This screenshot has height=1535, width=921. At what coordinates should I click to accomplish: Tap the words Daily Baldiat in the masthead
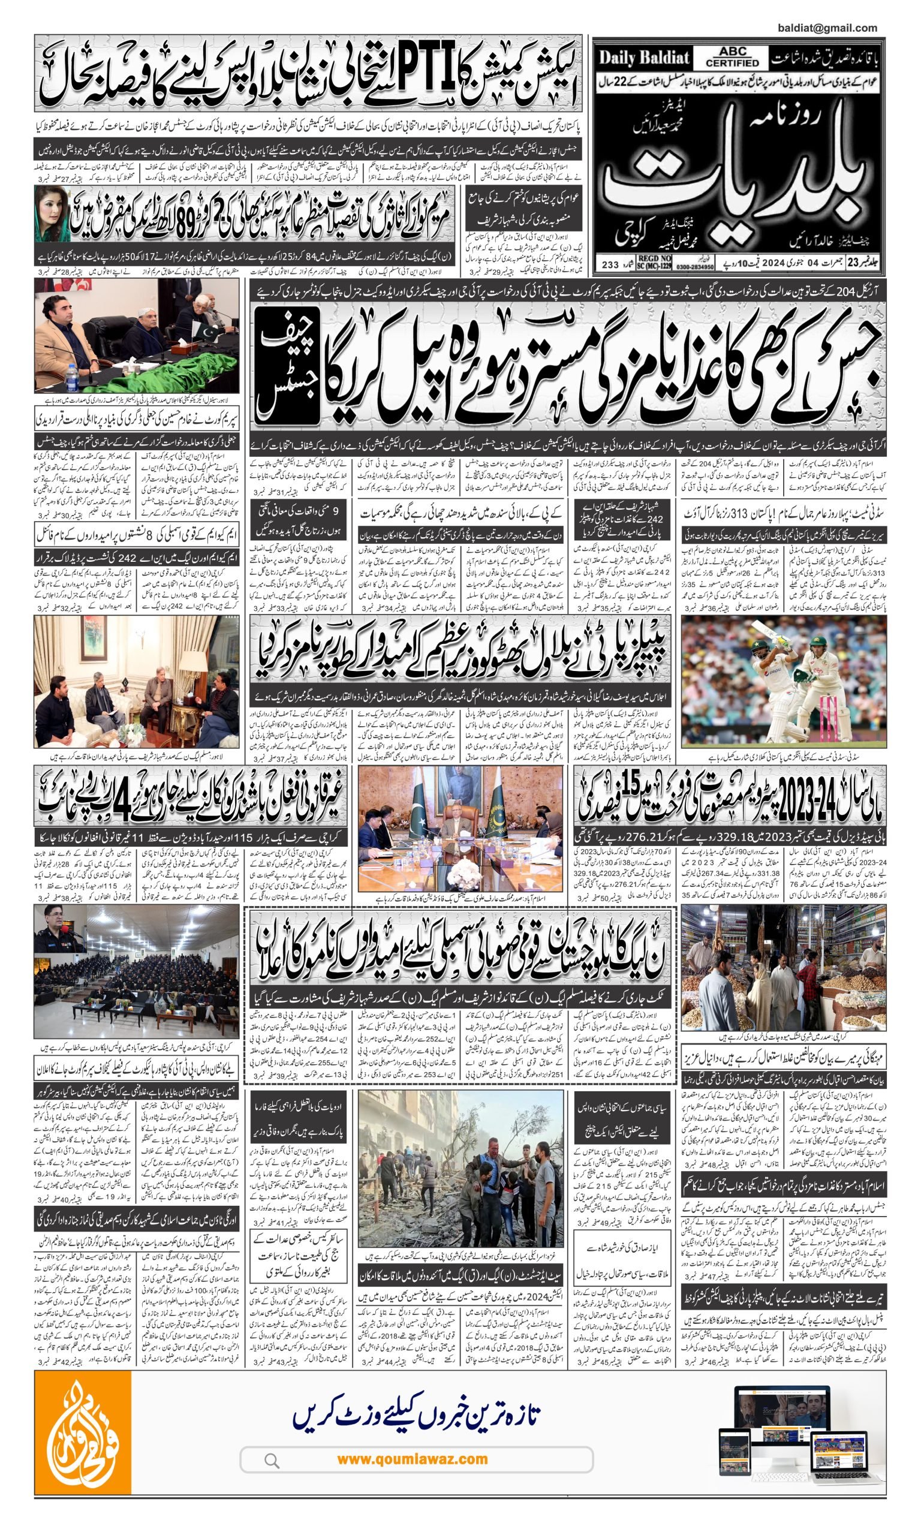pos(644,58)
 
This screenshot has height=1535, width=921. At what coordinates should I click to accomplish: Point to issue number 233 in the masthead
pos(610,265)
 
